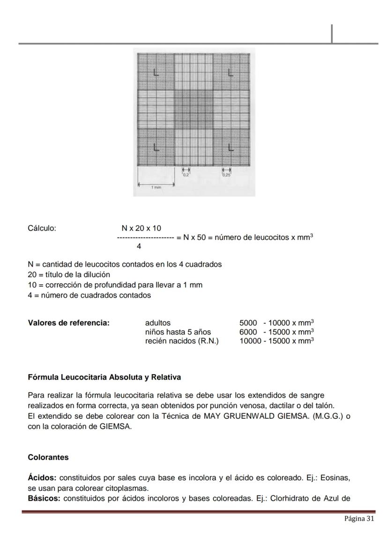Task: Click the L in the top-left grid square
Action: click(156, 74)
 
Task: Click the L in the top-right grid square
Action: click(230, 73)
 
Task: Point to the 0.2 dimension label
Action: click(186, 175)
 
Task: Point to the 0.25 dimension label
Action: click(227, 175)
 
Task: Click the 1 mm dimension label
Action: click(156, 187)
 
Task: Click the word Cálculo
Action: click(42, 229)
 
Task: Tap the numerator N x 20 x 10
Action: click(141, 229)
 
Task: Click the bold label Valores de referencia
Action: click(69, 323)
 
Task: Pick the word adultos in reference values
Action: click(158, 323)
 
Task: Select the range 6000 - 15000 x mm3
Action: click(276, 332)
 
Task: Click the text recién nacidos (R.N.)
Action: click(182, 341)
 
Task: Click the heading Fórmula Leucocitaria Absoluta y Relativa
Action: click(104, 377)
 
